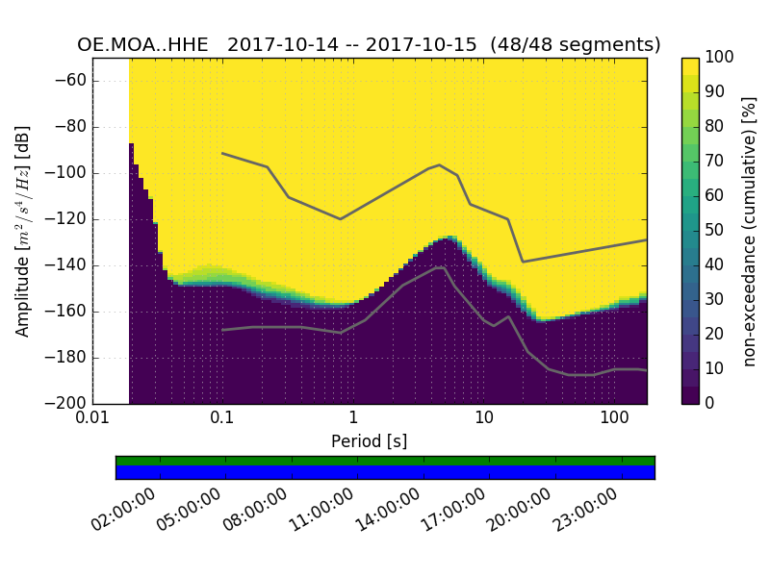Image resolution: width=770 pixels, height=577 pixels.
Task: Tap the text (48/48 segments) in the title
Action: (x=576, y=45)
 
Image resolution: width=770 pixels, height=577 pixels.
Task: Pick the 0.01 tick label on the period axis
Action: (x=92, y=420)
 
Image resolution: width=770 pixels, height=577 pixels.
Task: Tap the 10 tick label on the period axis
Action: (x=484, y=420)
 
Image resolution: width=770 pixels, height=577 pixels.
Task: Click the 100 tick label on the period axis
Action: (x=614, y=420)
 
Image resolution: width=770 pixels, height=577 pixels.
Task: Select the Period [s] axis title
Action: (x=369, y=441)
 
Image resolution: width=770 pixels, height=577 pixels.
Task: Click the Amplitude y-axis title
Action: (x=23, y=231)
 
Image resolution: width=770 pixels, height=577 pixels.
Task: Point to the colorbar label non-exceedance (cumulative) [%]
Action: (x=750, y=231)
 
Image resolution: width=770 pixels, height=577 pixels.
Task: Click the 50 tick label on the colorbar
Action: (x=715, y=231)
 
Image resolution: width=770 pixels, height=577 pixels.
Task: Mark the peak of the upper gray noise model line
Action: (x=440, y=164)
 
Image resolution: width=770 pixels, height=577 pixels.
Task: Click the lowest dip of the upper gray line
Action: (x=523, y=262)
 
